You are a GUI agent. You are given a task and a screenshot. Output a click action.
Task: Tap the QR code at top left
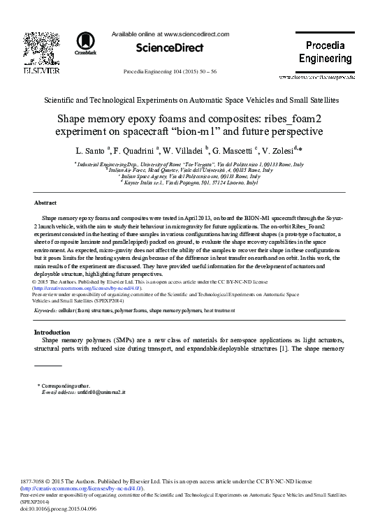click(41, 49)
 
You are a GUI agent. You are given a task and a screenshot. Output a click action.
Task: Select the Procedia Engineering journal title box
click(325, 52)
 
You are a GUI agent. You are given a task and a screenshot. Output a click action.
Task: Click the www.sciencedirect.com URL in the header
click(196, 34)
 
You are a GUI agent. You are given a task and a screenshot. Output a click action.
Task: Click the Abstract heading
click(45, 203)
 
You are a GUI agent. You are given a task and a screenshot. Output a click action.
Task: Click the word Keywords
click(45, 309)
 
